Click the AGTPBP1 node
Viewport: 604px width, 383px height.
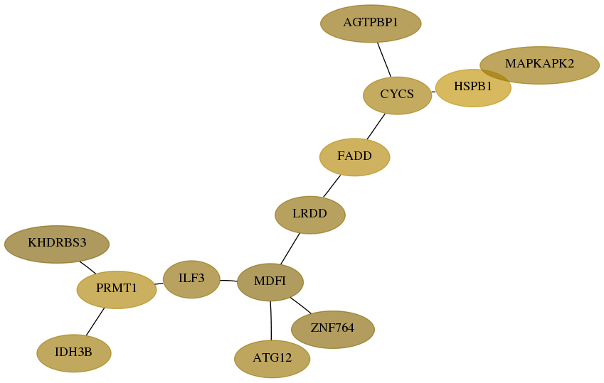371,23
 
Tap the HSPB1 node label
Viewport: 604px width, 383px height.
472,87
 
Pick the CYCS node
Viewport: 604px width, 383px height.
397,95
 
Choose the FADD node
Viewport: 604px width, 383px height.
354,157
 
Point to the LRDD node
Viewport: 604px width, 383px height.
309,215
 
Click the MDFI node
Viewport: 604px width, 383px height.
270,282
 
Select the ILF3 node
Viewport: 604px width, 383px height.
191,279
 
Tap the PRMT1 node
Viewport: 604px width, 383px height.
117,289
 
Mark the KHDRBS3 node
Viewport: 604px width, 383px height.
57,244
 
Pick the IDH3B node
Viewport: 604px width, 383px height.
73,353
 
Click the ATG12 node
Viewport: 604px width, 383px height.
272,359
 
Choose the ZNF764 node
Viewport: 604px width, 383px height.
332,330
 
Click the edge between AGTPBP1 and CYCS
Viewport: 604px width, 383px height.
384,60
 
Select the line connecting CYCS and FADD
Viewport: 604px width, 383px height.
376,126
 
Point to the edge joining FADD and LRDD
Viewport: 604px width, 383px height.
332,186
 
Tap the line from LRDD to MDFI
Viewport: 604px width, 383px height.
290,249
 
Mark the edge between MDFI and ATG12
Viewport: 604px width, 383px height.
271,320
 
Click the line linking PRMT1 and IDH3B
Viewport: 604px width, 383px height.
95,321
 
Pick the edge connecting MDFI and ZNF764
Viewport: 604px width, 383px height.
300,306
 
